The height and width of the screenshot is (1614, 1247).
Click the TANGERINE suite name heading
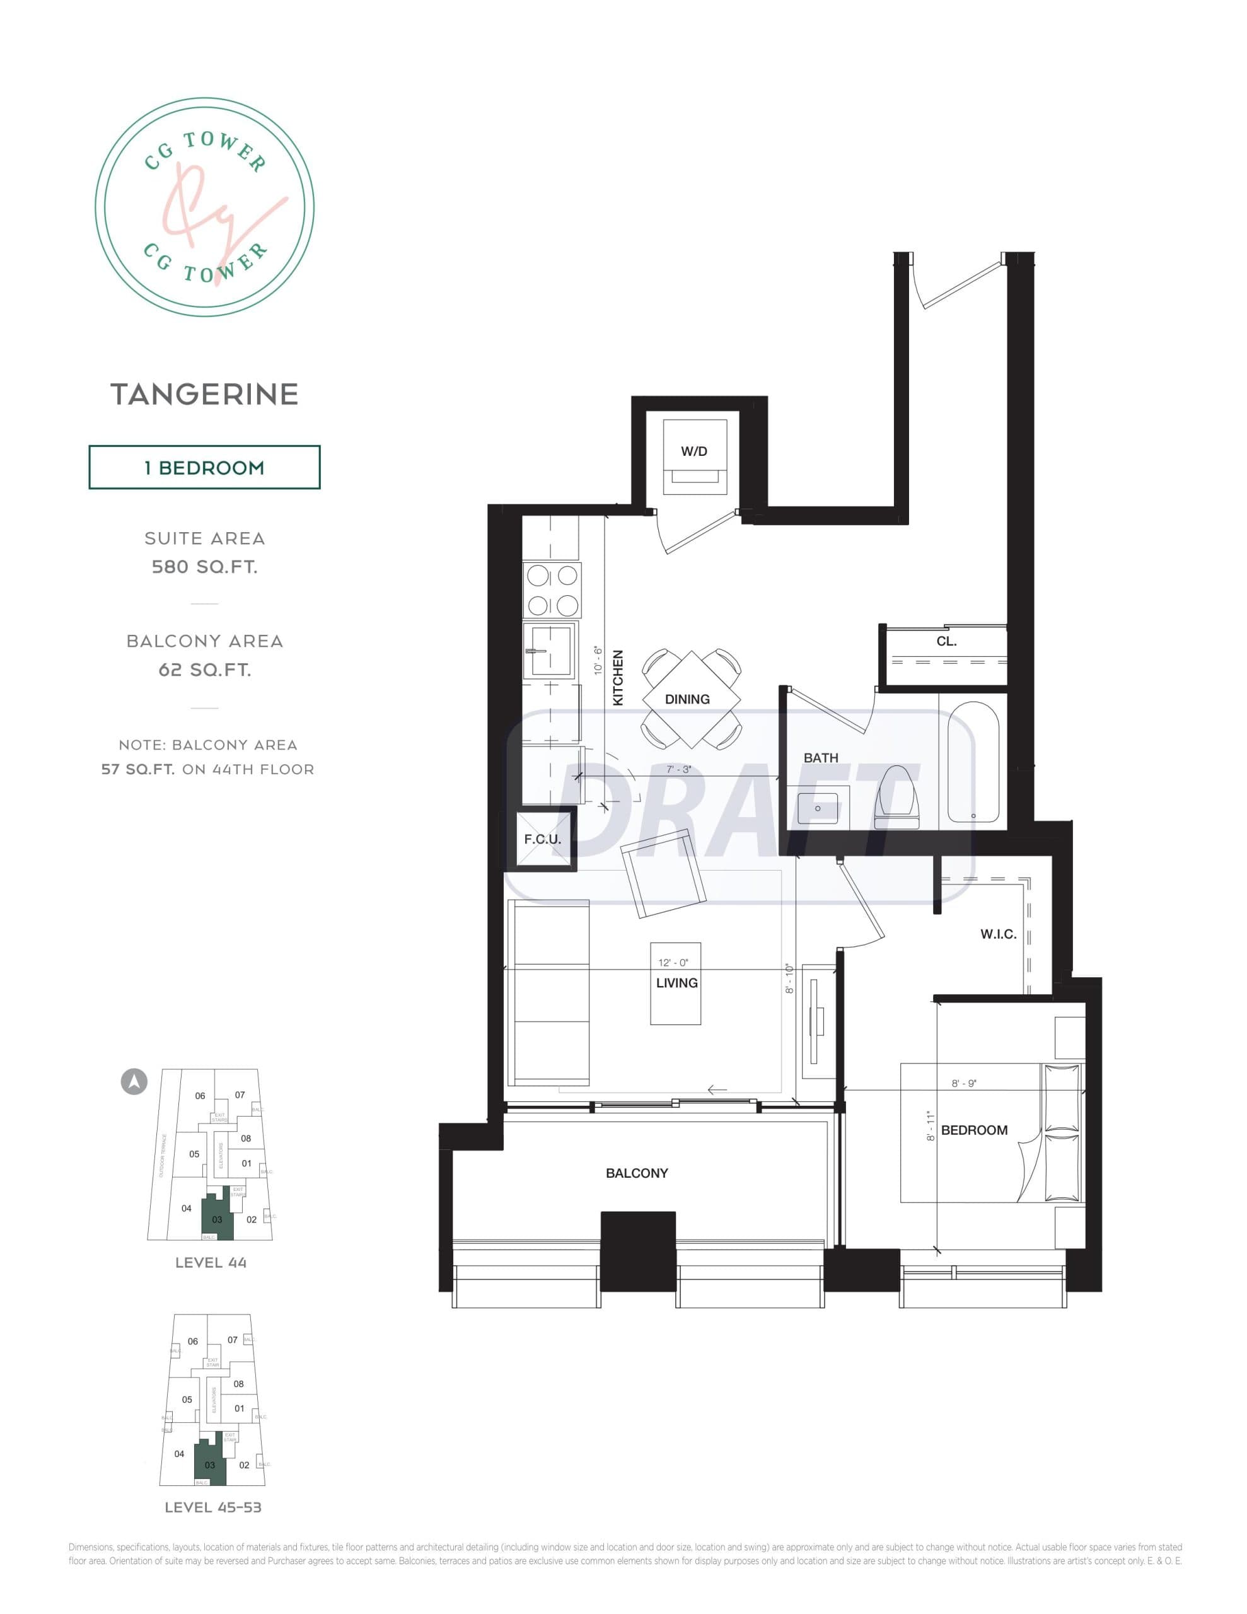[x=204, y=394]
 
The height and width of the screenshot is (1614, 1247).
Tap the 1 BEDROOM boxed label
[x=204, y=467]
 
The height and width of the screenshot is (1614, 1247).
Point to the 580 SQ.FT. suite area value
[x=204, y=567]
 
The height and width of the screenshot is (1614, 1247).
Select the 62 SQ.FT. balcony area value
[x=204, y=670]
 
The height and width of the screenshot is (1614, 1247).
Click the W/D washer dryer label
[x=693, y=451]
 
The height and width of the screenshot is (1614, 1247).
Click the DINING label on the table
[x=687, y=699]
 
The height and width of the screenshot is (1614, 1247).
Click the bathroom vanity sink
[x=818, y=808]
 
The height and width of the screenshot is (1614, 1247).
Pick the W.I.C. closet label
[x=998, y=934]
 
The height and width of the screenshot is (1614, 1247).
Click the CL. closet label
[x=946, y=641]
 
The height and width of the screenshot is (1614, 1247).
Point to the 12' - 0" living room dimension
[x=673, y=962]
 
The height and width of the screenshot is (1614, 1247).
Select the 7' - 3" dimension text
[x=678, y=769]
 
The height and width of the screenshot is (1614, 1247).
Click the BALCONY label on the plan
[x=637, y=1173]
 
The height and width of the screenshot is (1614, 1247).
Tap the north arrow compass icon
[x=134, y=1082]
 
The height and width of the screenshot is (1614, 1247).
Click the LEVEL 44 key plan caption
[x=211, y=1263]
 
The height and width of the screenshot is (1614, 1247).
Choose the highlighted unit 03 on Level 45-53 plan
[x=209, y=1464]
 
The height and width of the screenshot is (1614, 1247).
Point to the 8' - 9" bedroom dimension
[x=964, y=1083]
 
